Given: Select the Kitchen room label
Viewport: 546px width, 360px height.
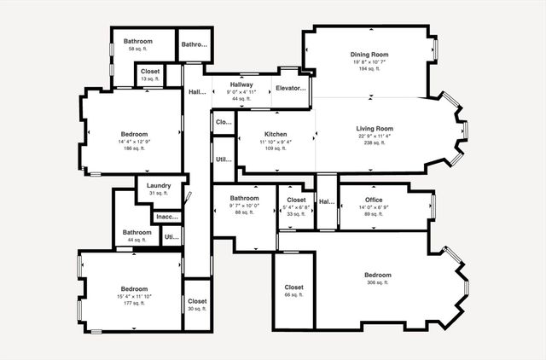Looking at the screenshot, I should pyautogui.click(x=275, y=134).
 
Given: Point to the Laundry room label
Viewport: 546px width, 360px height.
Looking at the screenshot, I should pyautogui.click(x=159, y=185).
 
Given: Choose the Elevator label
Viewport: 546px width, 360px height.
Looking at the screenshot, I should pyautogui.click(x=290, y=88).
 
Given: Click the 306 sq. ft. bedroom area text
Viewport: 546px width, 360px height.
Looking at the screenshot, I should pyautogui.click(x=377, y=282).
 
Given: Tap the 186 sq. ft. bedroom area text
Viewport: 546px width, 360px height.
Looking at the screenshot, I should pyautogui.click(x=134, y=148).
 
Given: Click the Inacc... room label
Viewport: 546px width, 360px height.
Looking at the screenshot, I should pyautogui.click(x=167, y=217).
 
